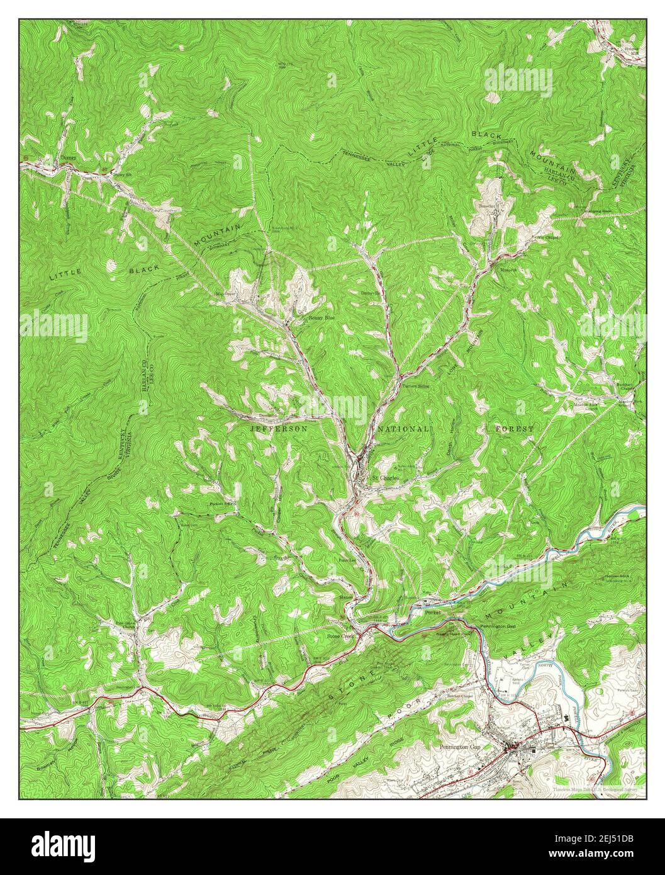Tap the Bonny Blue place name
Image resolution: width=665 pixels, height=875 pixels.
coord(320,319)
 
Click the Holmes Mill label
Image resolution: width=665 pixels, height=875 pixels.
coord(630,50)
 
